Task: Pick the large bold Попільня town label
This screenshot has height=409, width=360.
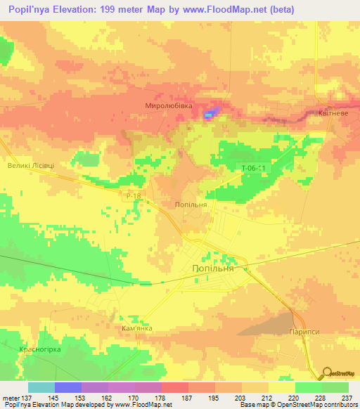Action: pyautogui.click(x=218, y=268)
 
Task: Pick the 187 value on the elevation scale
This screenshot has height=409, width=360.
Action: pyautogui.click(x=186, y=398)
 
